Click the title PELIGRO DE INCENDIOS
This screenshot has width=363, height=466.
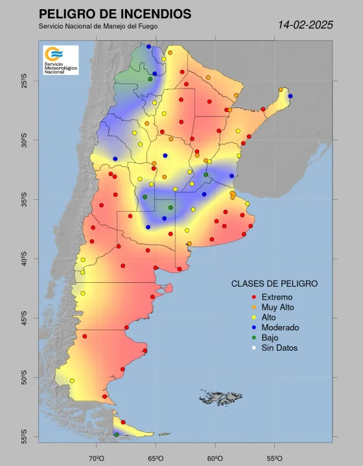pos(115,14)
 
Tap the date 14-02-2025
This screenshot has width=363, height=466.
pos(305,25)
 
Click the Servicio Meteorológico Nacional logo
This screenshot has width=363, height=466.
pos(60,60)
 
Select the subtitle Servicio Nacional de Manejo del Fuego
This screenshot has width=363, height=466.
pos(98,27)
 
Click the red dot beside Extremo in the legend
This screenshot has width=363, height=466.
pos(253,297)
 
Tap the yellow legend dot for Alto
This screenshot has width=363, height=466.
pos(253,318)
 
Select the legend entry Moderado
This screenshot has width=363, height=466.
pos(280,327)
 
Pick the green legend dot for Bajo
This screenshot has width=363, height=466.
pos(253,338)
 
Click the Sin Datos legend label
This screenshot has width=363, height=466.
pos(279,348)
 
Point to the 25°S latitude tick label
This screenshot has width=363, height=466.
pos(24,81)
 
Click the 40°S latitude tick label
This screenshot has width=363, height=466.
pos(24,260)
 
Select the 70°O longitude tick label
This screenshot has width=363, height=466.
pos(97,458)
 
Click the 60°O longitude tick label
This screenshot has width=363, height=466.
pos(215,458)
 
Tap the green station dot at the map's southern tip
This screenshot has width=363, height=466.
pos(117,435)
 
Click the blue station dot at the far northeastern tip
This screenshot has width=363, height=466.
pos(290,96)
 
